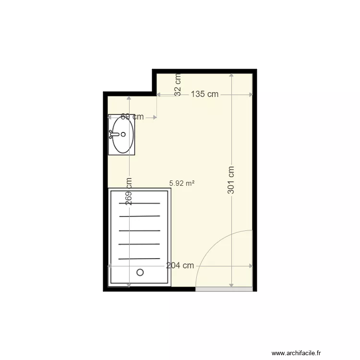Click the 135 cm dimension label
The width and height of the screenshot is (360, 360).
[204, 94]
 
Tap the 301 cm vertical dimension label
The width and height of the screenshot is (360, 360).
[231, 180]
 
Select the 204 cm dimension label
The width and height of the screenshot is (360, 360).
[180, 265]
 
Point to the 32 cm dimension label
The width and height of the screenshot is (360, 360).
[178, 84]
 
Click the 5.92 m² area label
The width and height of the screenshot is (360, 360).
[182, 183]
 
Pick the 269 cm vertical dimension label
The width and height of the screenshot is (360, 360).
[129, 192]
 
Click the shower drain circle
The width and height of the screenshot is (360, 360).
[140, 272]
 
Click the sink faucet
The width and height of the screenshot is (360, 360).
[113, 135]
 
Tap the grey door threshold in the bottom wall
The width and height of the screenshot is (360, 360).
[224, 289]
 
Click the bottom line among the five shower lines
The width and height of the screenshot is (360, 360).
[140, 258]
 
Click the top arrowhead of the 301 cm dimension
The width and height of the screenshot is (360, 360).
[231, 75]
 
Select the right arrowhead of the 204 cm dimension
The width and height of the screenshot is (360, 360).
[250, 265]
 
